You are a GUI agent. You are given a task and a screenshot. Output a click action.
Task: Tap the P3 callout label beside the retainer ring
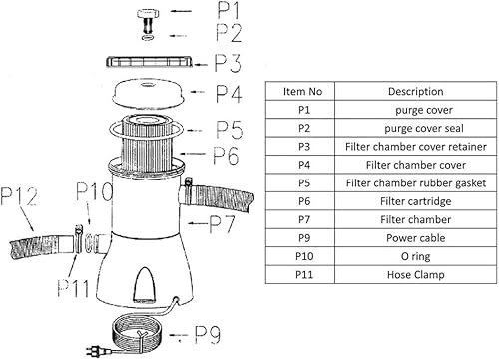pyautogui.click(x=229, y=64)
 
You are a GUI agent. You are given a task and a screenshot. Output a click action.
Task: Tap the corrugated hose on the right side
pyautogui.click(x=224, y=191)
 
